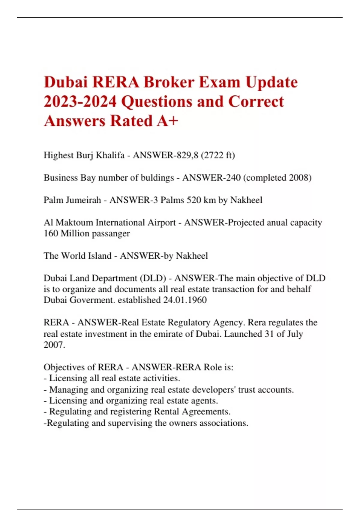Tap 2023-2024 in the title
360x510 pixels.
click(80, 101)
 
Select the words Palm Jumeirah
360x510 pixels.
click(72, 200)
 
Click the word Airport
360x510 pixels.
click(161, 223)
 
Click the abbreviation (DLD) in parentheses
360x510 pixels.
click(153, 278)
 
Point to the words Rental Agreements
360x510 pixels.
click(192, 412)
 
